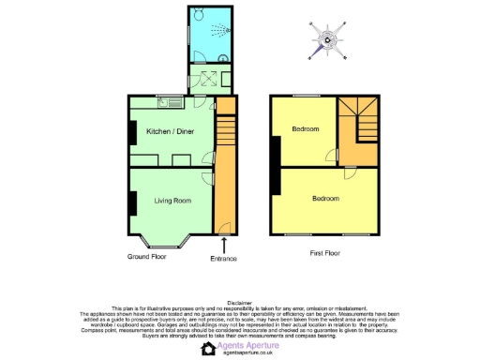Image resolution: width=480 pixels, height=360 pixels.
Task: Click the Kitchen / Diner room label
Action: [x=170, y=132]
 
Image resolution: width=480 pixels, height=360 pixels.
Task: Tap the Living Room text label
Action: [x=172, y=200]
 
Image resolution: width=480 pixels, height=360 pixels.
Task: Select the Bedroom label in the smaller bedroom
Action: [x=305, y=129]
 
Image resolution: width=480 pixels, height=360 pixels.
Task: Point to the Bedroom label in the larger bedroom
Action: [x=325, y=199]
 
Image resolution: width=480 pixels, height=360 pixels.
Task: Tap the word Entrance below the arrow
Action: [x=224, y=258]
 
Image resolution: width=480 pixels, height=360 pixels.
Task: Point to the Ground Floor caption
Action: [x=146, y=255]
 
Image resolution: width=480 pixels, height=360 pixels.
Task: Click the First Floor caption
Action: [x=323, y=253]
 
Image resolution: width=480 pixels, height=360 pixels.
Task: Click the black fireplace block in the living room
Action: [x=132, y=201]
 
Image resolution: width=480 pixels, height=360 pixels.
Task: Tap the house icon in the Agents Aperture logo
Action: [x=208, y=349]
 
